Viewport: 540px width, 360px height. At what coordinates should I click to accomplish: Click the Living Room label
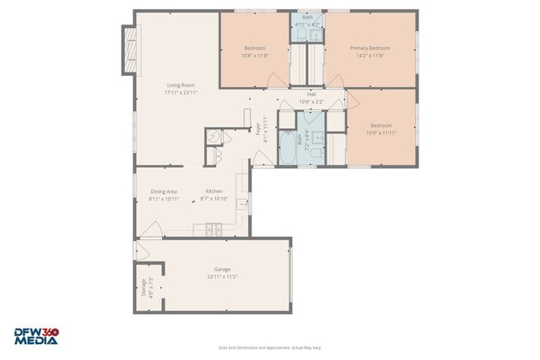click(x=181, y=85)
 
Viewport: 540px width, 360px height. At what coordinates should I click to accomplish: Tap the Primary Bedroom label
click(x=370, y=48)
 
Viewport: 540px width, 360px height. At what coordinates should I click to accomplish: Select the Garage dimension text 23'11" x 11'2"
click(x=222, y=277)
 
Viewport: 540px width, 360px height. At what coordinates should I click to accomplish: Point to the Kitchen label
click(x=214, y=191)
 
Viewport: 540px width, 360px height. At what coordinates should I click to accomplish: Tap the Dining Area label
click(x=164, y=191)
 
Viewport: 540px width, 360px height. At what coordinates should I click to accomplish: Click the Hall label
click(x=311, y=94)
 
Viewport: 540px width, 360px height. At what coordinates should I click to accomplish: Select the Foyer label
click(x=258, y=129)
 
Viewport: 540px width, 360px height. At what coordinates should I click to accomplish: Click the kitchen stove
click(x=213, y=228)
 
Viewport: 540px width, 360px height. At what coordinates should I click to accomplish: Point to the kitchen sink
click(x=243, y=203)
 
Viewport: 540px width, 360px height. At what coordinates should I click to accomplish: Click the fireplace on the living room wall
click(x=129, y=51)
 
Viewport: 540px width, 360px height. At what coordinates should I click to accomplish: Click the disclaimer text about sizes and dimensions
click(x=269, y=347)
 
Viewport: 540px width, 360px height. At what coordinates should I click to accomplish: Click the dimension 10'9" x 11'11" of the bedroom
click(x=381, y=132)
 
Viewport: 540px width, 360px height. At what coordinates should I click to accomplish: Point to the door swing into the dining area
click(x=152, y=227)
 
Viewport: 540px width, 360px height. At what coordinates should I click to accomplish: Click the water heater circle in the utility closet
click(x=213, y=138)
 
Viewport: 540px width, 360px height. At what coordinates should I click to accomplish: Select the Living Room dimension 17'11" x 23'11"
click(x=181, y=93)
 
